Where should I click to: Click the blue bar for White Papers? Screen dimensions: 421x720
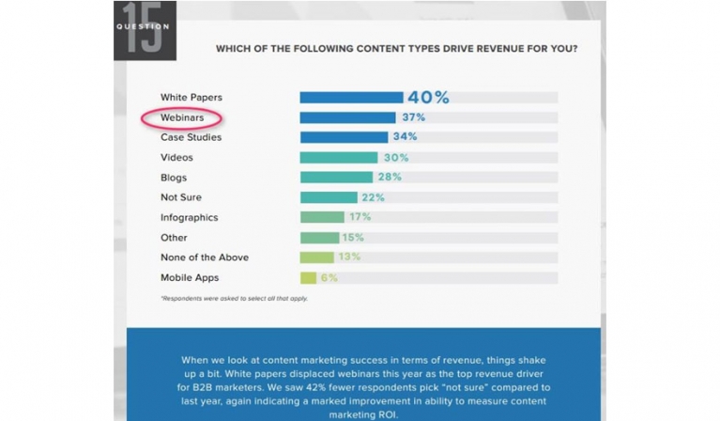point(351,97)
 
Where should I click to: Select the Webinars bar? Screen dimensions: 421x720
point(346,117)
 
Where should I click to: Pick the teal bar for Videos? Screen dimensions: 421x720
point(338,157)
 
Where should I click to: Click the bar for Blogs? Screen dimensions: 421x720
point(336,177)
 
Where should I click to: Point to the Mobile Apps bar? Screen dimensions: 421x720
point(308,277)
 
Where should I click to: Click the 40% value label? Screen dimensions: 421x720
point(428,97)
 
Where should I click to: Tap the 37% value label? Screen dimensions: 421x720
point(413,117)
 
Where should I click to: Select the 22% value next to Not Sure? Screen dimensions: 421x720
point(374,196)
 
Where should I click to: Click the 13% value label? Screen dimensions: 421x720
point(349,257)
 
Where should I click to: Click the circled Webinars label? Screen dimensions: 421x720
point(181,118)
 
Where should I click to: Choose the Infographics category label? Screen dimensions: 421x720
point(189,217)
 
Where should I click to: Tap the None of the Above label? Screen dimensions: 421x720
point(204,257)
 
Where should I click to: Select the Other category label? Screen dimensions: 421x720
point(174,238)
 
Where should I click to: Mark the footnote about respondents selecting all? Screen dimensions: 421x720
point(234,299)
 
